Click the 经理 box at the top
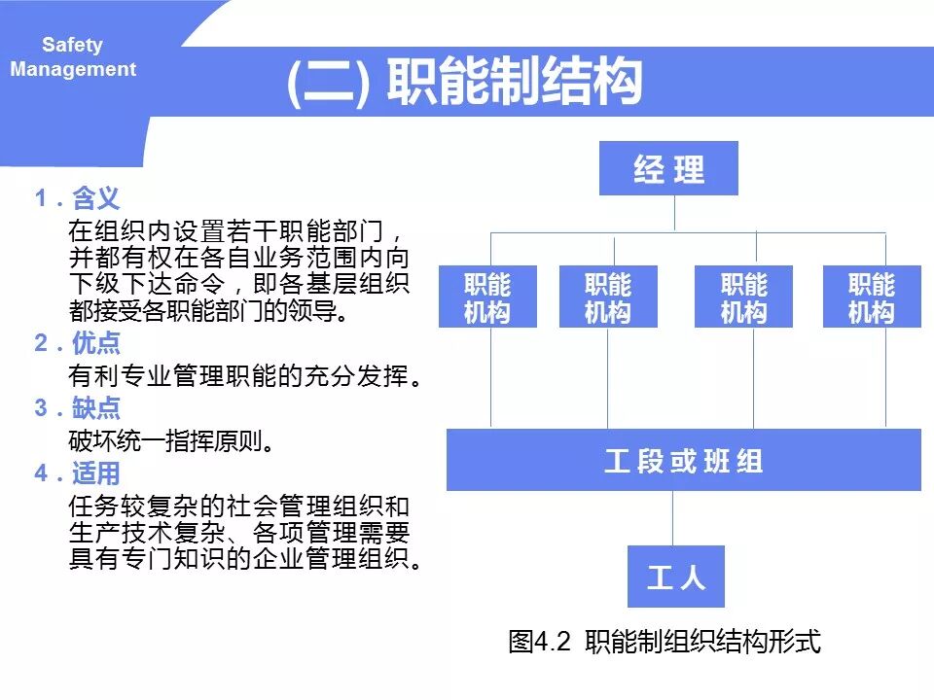coord(668,169)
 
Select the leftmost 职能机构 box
coord(487,297)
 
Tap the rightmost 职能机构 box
coord(871,297)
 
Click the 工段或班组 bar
coord(683,460)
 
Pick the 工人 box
coord(675,577)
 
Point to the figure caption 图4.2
coord(665,642)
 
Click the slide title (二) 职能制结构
coord(465,82)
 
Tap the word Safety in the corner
coord(72,45)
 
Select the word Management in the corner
coord(73,70)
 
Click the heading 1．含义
coord(78,199)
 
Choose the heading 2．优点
coord(78,343)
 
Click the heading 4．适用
coord(78,473)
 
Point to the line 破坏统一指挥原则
coord(170,440)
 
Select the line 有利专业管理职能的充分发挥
coord(245,375)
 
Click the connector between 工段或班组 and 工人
coord(672,517)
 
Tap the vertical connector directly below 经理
coord(673,213)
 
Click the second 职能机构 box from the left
coord(608,297)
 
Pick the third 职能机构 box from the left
coord(743,297)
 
